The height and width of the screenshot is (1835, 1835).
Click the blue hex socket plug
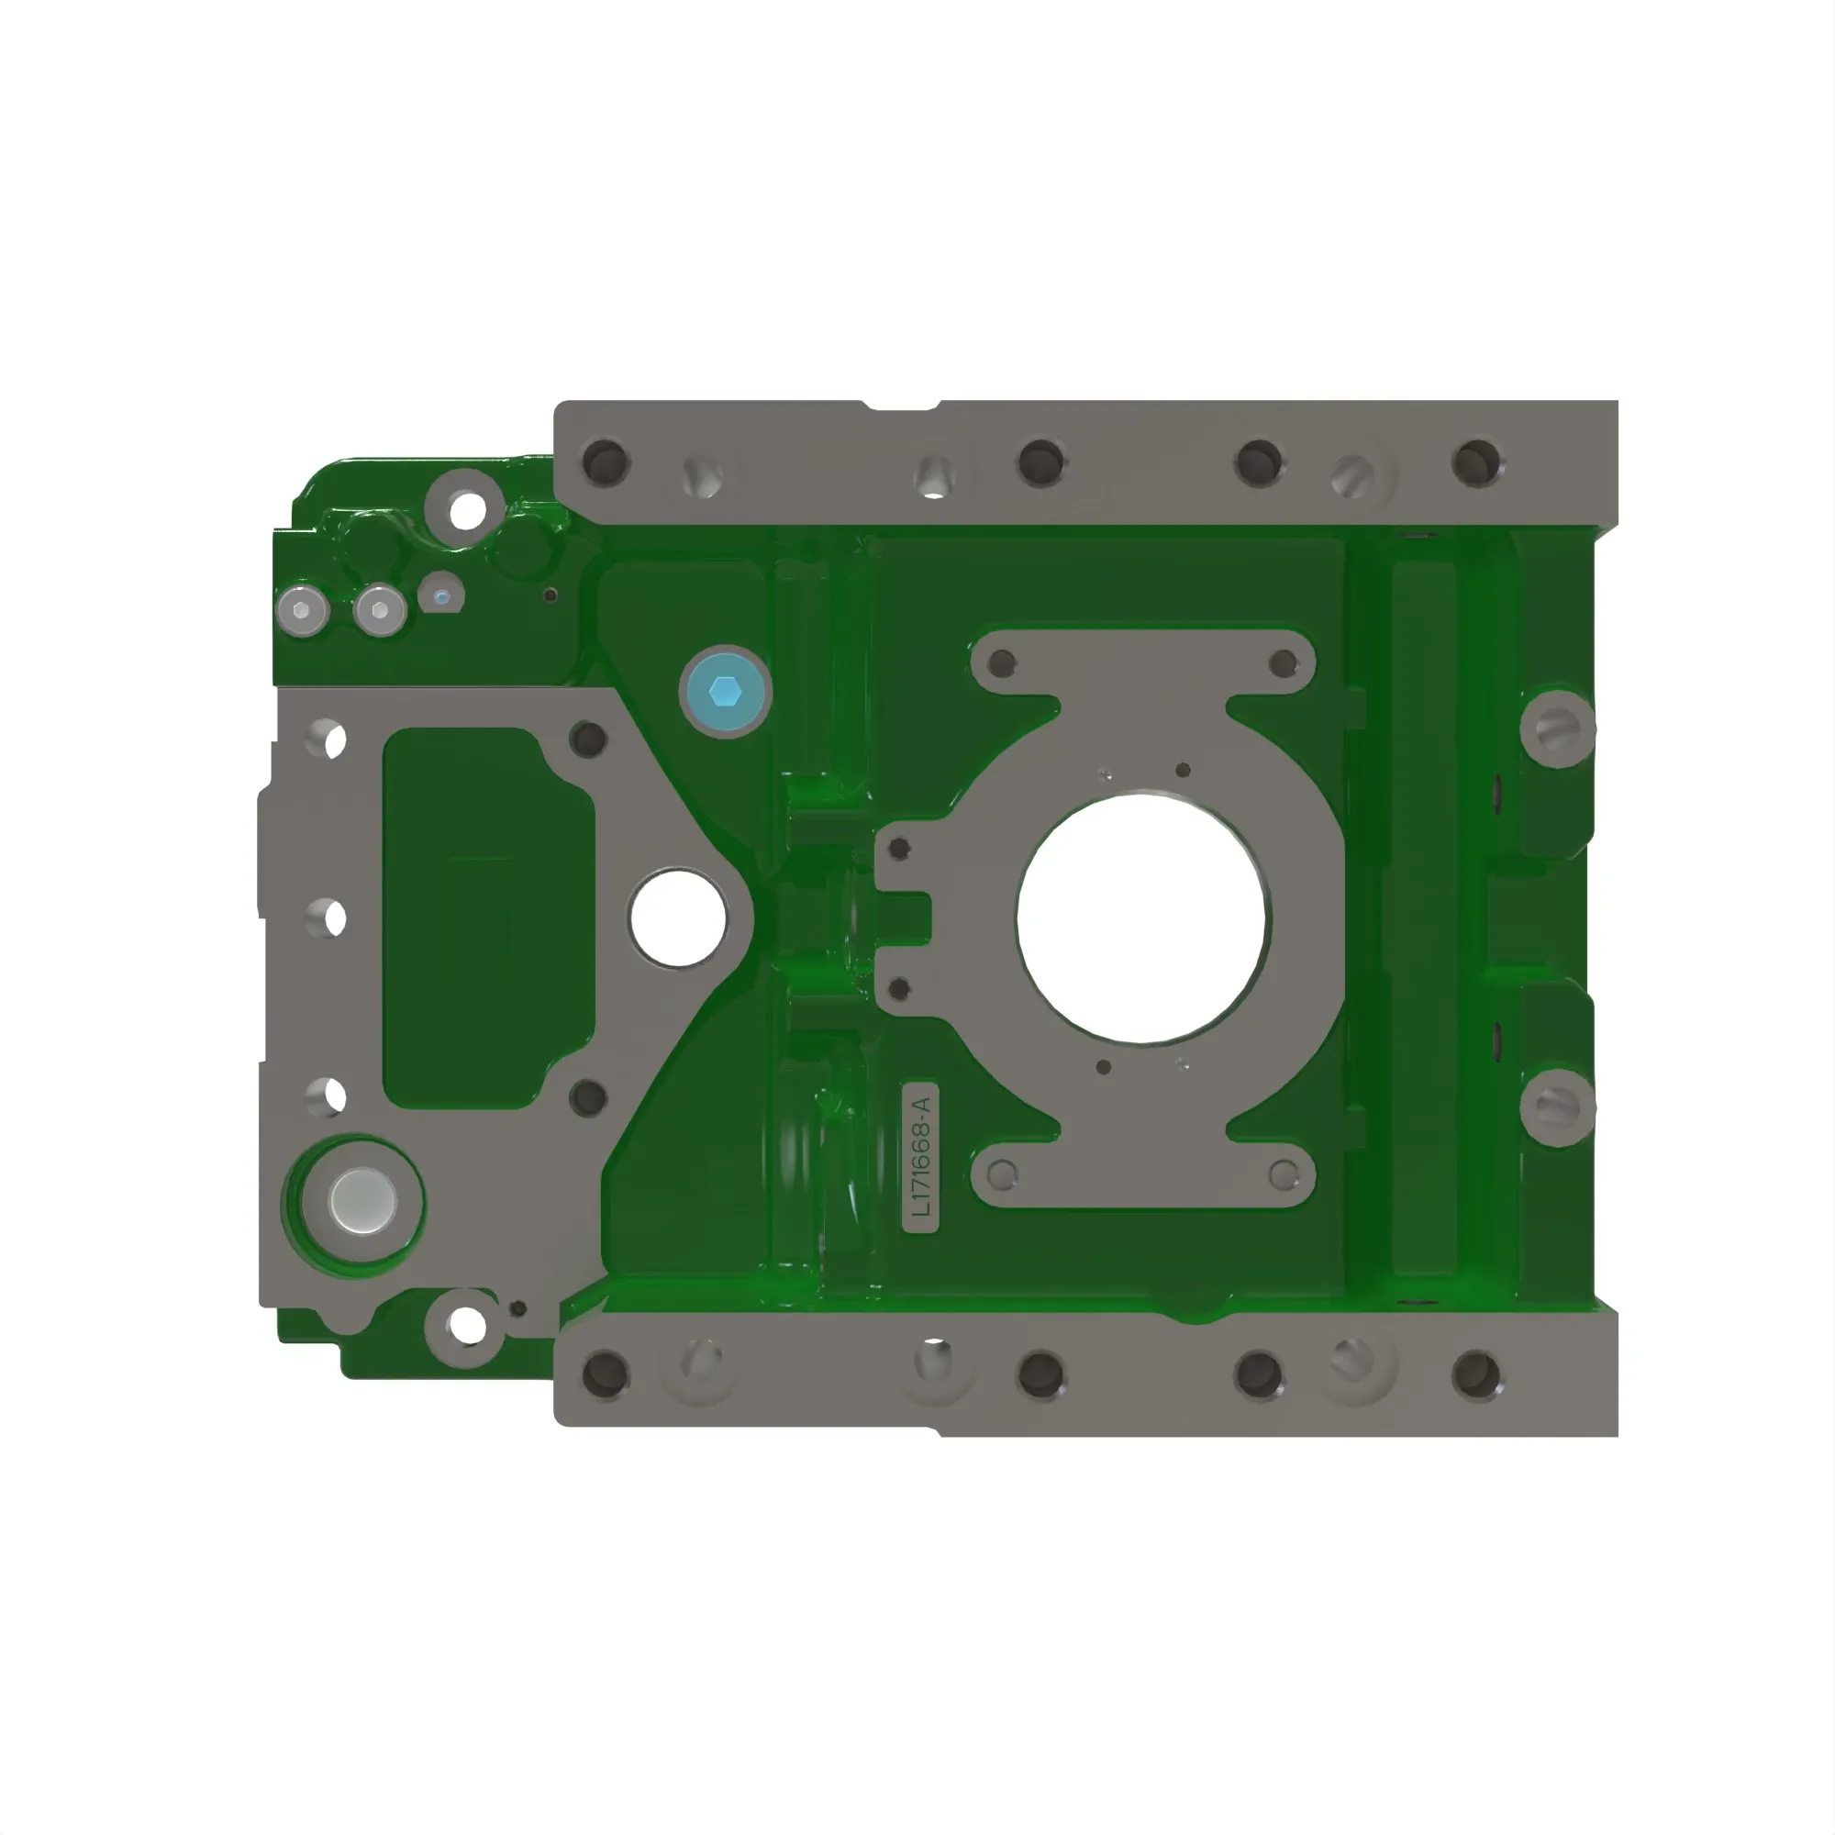point(726,692)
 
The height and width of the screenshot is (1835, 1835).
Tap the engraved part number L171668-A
point(921,1156)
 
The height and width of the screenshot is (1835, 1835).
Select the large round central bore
point(1140,918)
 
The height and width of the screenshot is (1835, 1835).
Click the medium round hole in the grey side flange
point(678,917)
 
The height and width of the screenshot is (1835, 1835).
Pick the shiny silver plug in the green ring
point(361,1202)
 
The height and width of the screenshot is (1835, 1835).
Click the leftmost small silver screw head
point(302,609)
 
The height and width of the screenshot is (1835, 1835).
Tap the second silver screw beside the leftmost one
point(380,609)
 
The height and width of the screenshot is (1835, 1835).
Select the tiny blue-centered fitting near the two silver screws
point(440,595)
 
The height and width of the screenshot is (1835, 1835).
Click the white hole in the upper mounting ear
point(466,510)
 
